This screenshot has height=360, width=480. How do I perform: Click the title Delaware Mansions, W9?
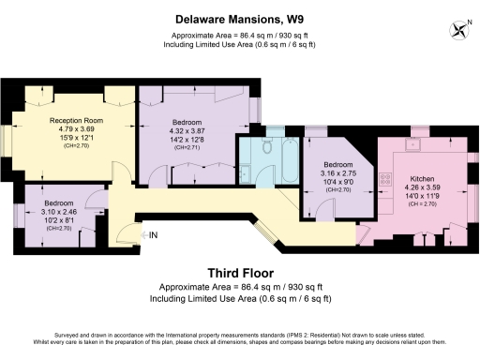(240, 19)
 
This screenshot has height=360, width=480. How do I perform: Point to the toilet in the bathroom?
(265, 146)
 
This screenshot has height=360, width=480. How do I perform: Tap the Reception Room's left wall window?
(9, 140)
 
